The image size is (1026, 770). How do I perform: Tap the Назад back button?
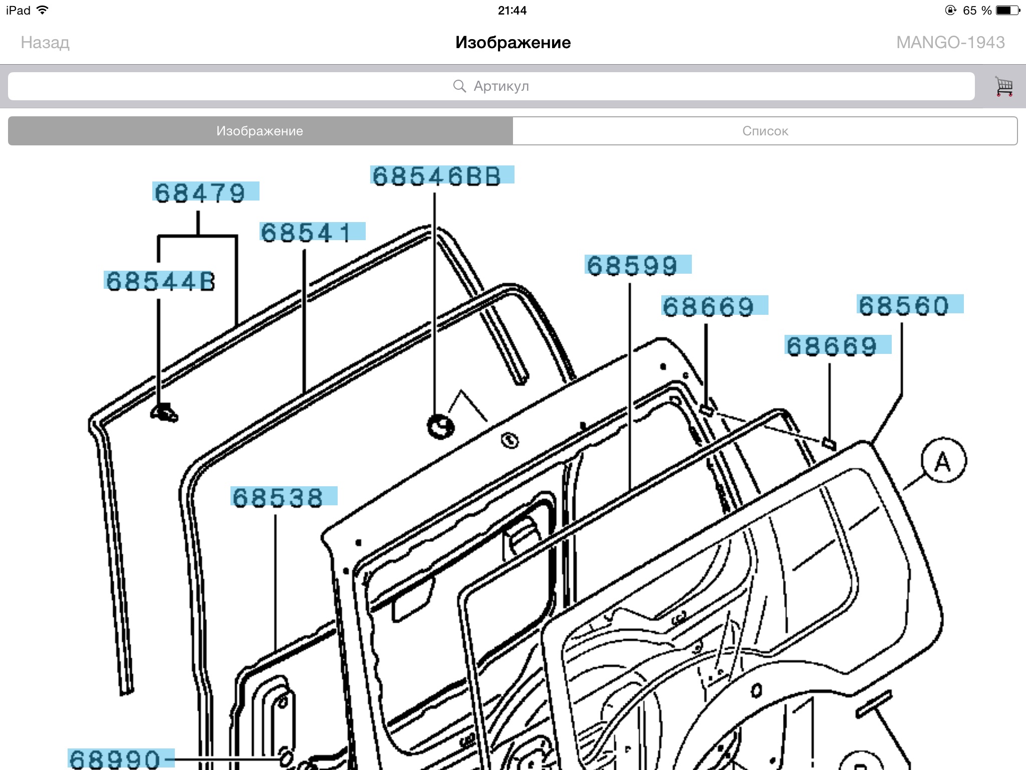(x=45, y=43)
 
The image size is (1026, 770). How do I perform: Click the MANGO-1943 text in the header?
(x=950, y=43)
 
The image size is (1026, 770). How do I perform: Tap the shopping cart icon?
(x=1003, y=86)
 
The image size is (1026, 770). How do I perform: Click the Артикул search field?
(x=491, y=86)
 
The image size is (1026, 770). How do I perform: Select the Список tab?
(x=765, y=131)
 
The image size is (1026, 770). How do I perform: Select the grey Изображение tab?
(x=260, y=131)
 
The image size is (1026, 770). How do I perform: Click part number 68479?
(x=205, y=191)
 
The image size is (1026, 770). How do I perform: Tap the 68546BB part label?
(x=442, y=175)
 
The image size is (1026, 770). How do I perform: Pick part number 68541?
(x=312, y=232)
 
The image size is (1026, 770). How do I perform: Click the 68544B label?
(x=160, y=280)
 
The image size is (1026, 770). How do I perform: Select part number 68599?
(x=638, y=265)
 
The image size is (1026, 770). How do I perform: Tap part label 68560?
(x=910, y=304)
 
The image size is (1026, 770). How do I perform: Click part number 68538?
(x=284, y=496)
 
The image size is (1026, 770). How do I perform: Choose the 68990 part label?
(x=121, y=758)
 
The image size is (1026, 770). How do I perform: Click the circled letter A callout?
(x=943, y=460)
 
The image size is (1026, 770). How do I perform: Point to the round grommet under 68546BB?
(x=440, y=427)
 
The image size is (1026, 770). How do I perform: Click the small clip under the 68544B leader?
(x=164, y=413)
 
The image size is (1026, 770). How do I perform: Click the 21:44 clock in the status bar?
(x=512, y=11)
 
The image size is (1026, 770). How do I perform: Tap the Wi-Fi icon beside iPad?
(x=43, y=10)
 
